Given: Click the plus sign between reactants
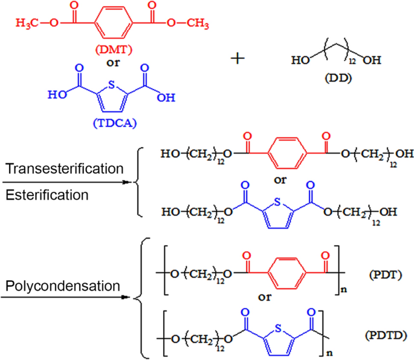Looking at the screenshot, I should [241, 58].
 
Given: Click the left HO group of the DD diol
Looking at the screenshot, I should [297, 61].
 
